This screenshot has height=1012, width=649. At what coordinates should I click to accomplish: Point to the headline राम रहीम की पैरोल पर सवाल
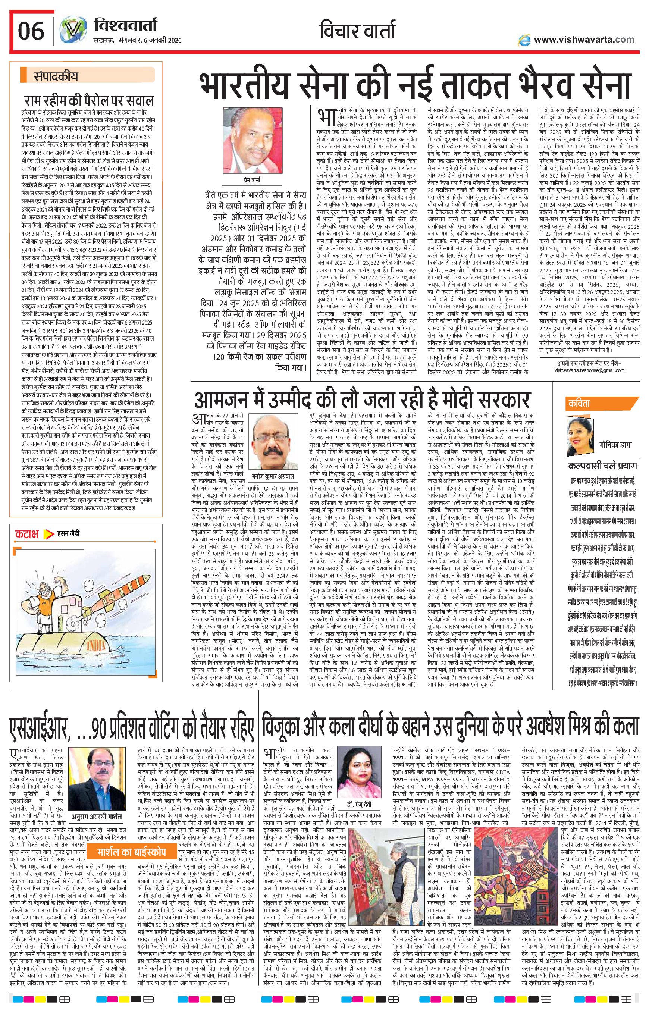coord(89,101)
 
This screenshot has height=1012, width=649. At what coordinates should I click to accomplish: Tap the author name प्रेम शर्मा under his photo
coord(252,181)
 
